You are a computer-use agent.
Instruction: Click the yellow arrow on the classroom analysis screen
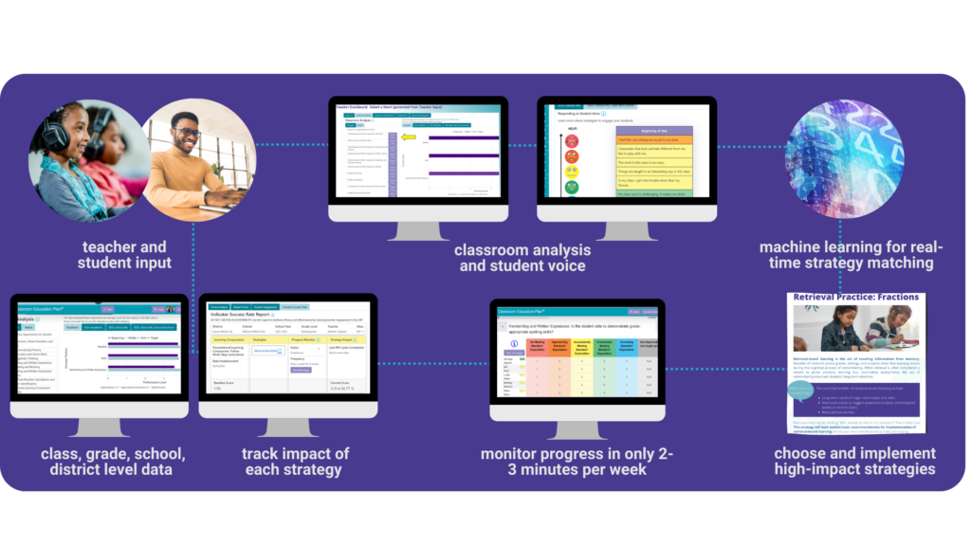click(x=410, y=138)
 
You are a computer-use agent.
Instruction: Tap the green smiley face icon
click(x=572, y=188)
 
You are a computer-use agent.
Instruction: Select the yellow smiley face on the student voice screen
click(x=572, y=172)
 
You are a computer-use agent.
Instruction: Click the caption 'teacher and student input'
click(x=125, y=255)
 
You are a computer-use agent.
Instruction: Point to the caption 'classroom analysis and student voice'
click(x=522, y=258)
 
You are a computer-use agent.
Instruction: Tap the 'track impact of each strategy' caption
click(x=295, y=461)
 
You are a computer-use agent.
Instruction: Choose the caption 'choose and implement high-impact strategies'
click(x=854, y=461)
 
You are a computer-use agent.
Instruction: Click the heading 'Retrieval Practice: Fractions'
click(x=856, y=298)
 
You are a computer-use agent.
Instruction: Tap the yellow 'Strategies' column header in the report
click(x=267, y=338)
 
